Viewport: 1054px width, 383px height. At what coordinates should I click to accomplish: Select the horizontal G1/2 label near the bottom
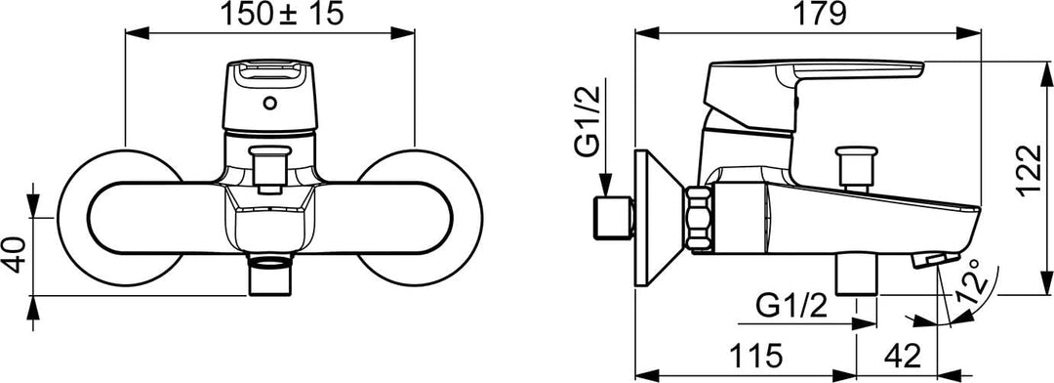(x=791, y=308)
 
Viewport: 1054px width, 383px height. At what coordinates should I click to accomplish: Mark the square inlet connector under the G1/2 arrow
(x=613, y=220)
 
